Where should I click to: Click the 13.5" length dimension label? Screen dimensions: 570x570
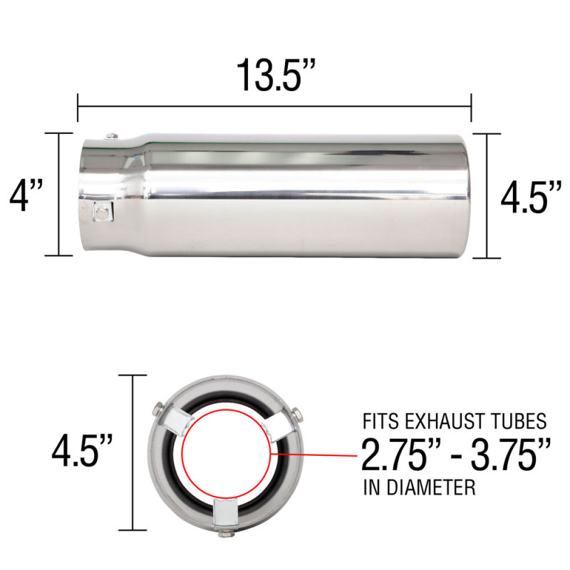275,74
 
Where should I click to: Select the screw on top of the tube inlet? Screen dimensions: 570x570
108,135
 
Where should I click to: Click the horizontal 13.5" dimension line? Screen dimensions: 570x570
275,107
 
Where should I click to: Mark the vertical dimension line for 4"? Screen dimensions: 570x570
60,194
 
